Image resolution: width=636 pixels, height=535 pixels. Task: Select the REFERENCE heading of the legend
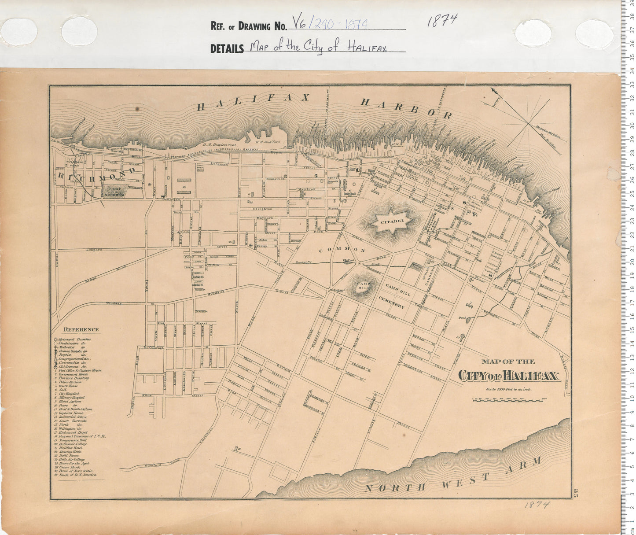tap(81, 329)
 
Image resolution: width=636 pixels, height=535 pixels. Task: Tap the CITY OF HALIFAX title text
tap(508, 376)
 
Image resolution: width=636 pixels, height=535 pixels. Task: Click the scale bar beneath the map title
tap(508, 400)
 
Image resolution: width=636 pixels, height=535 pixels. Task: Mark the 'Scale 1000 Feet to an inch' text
tap(508, 389)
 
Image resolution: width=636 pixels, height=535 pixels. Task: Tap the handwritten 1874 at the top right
tap(442, 20)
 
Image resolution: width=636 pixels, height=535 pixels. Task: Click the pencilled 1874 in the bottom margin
tap(537, 505)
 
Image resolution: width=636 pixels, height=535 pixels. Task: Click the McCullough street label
tap(154, 347)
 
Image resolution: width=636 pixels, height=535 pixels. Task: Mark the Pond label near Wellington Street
tap(462, 317)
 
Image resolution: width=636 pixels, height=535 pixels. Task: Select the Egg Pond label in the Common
tap(349, 260)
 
